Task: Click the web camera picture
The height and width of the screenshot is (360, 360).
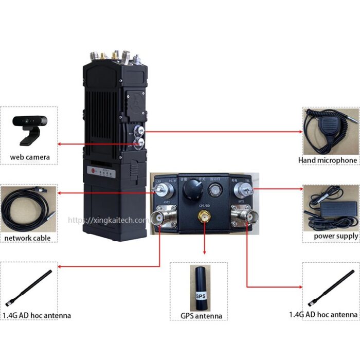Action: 29,129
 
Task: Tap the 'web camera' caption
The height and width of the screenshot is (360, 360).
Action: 30,156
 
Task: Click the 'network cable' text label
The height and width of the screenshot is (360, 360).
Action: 28,238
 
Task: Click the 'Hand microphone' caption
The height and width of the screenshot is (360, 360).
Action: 327,160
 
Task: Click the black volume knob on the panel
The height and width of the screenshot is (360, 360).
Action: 191,194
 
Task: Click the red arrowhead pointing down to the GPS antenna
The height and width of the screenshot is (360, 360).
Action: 205,252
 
